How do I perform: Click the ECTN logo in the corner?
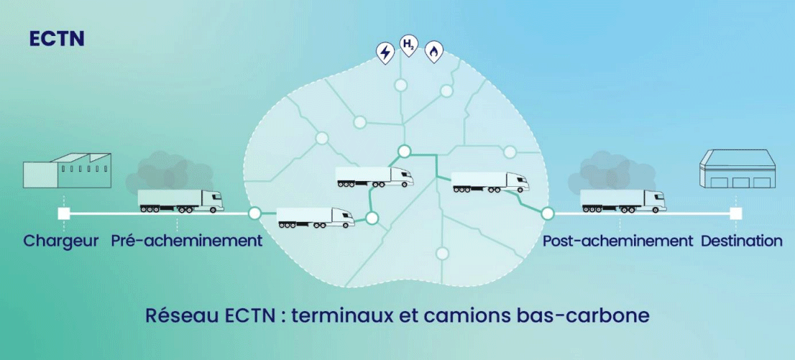pyautogui.click(x=57, y=39)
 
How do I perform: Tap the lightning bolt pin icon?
pyautogui.click(x=385, y=52)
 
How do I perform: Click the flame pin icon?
pyautogui.click(x=433, y=52)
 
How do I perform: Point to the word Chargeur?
pyautogui.click(x=61, y=241)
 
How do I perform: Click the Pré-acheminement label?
pyautogui.click(x=187, y=240)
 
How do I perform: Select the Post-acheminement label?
pyautogui.click(x=617, y=240)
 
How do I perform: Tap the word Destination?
pyautogui.click(x=742, y=240)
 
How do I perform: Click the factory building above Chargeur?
pyautogui.click(x=67, y=170)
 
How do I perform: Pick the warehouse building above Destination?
pyautogui.click(x=737, y=170)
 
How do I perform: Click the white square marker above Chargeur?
pyautogui.click(x=64, y=214)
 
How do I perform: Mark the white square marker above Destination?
pyautogui.click(x=736, y=214)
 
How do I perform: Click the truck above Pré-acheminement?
pyautogui.click(x=181, y=200)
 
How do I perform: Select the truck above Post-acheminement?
pyautogui.click(x=623, y=200)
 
